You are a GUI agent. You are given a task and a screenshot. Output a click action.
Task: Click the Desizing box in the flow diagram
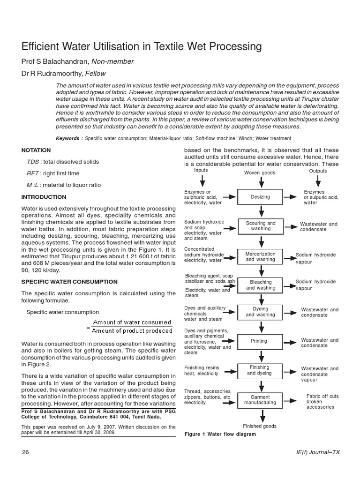[260, 197]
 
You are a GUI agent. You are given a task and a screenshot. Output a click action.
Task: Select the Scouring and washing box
[260, 226]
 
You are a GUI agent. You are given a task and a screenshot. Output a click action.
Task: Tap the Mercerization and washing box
[260, 256]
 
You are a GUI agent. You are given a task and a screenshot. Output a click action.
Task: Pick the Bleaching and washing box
[260, 285]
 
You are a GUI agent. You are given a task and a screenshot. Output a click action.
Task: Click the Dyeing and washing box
[260, 312]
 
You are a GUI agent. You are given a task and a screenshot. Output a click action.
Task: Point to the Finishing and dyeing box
[260, 370]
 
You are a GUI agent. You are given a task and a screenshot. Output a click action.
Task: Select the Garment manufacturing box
[260, 400]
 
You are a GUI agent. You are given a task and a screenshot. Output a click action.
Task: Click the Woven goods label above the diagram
[260, 173]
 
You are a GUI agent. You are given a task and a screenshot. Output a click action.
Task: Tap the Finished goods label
[260, 426]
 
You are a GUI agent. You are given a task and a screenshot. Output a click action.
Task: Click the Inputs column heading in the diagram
[201, 171]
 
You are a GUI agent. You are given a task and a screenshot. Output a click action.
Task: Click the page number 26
[26, 452]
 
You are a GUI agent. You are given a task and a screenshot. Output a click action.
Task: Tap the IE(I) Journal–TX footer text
[315, 452]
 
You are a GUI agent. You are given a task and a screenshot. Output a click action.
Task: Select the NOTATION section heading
[36, 150]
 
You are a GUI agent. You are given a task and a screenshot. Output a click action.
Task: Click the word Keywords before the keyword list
[69, 138]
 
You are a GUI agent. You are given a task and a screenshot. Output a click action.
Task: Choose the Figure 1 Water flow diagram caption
[220, 434]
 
